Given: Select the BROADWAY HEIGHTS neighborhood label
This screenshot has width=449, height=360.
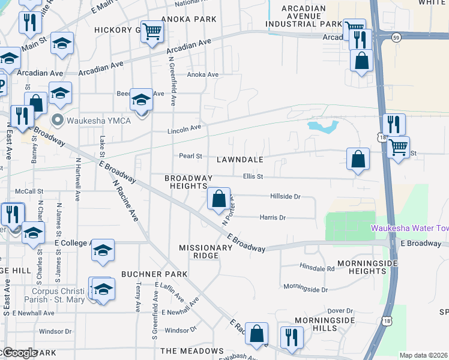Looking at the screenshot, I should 188,182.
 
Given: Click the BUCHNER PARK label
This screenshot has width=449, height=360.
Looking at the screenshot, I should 154,274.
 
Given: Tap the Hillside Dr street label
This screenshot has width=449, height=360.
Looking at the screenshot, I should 285,196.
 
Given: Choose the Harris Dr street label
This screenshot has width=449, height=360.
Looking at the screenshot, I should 273,217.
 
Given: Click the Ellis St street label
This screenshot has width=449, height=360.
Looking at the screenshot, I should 253,176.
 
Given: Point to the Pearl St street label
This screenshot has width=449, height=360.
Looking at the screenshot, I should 190,156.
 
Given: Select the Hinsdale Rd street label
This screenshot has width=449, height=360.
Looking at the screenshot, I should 317,268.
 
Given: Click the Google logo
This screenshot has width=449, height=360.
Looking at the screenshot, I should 20,353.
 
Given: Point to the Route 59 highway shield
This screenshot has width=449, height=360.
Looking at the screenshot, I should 396,38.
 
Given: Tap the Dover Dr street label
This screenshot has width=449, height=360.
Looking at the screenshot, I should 340,310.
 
